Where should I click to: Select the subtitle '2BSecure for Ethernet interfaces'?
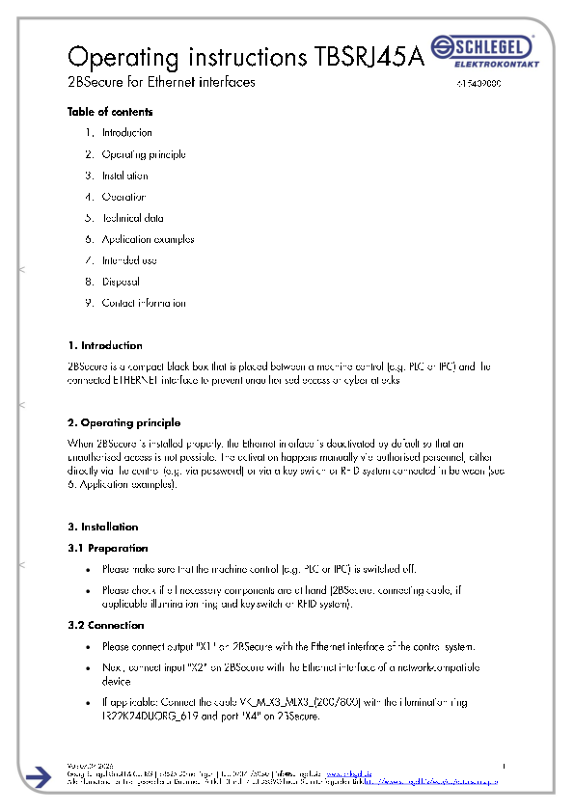[161, 83]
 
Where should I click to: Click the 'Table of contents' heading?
[110, 112]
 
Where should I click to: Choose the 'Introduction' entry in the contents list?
[126, 133]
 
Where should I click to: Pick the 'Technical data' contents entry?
[132, 218]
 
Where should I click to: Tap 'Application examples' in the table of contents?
[148, 239]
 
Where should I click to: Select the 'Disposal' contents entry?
[121, 282]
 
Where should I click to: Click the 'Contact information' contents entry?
[144, 303]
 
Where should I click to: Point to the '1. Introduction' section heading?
[105, 345]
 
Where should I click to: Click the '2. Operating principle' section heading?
[123, 422]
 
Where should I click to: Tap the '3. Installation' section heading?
[103, 527]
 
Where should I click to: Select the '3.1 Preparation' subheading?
[107, 548]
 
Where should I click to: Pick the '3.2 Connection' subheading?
[106, 625]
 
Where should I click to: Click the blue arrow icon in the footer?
[40, 777]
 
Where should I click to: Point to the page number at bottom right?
[505, 765]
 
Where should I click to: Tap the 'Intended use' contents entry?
[129, 260]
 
